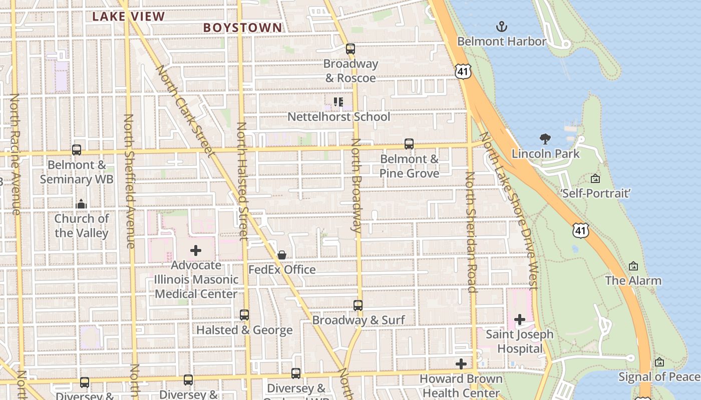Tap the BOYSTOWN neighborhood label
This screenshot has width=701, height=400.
pos(243,28)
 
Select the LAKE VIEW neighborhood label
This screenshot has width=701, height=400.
pos(128,16)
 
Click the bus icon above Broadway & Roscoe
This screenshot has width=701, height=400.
pos(350,49)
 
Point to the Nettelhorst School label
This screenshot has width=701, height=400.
pos(338,117)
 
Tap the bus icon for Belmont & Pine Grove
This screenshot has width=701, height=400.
pos(409,144)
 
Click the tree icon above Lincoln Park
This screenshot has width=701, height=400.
pos(545,139)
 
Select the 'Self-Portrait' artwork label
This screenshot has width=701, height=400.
pos(595,193)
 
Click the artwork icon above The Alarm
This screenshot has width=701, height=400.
pos(633,266)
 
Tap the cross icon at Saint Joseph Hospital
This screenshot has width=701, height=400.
pos(520,319)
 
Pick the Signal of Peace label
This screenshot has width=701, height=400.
pos(659,376)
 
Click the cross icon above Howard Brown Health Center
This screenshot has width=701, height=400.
pos(461,364)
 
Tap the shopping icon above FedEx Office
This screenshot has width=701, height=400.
pos(282,255)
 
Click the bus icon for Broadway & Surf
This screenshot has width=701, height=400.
pos(358,305)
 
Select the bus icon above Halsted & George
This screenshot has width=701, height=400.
pos(244,315)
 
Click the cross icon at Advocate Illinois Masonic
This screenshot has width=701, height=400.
pos(196,250)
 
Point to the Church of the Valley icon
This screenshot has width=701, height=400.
pos(81,204)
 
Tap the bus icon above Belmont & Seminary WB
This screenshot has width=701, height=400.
pos(77,150)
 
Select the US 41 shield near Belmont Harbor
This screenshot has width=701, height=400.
pos(463,71)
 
